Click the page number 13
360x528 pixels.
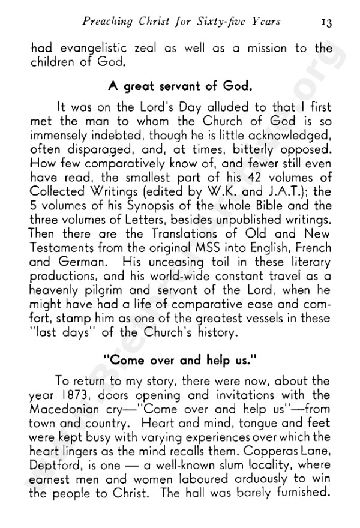click(327, 22)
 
